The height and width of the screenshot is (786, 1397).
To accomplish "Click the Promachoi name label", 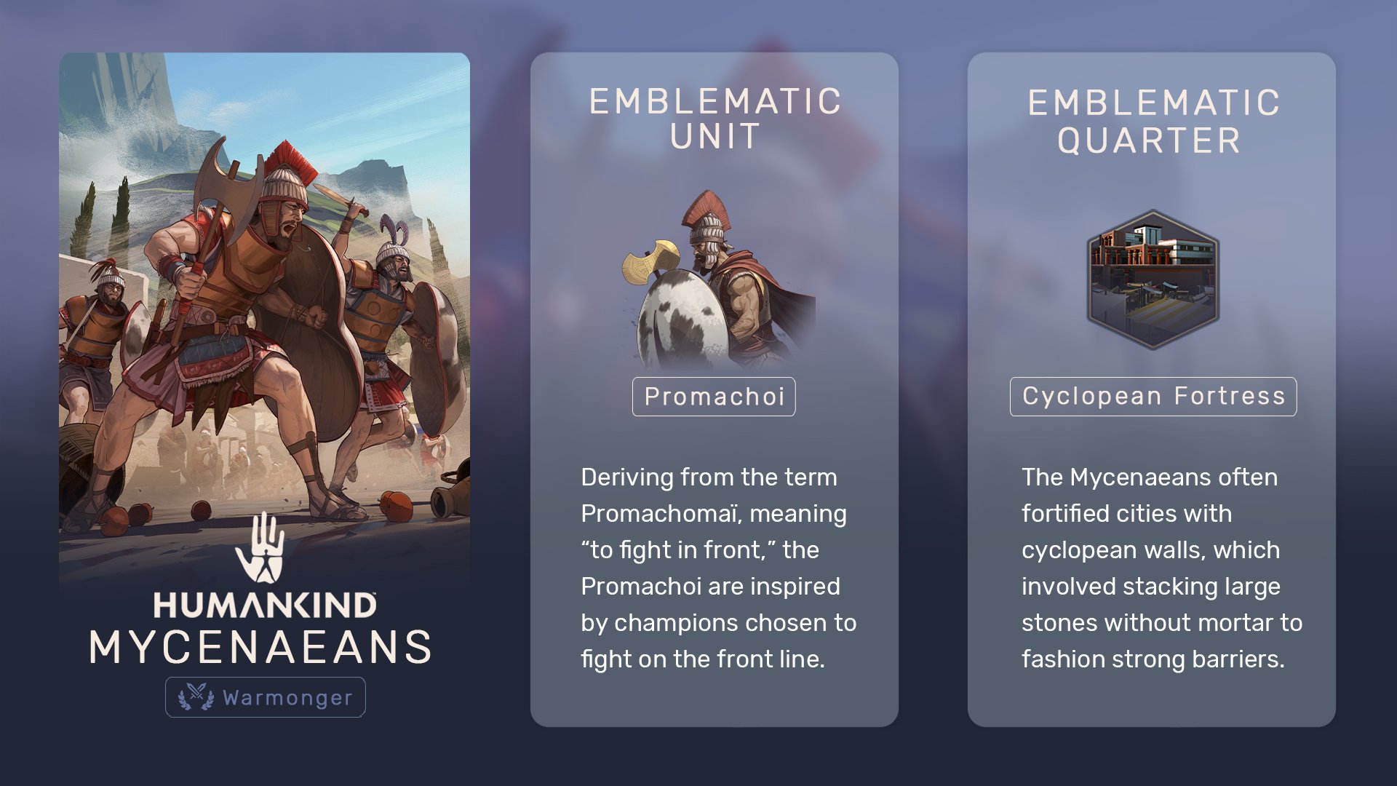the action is click(714, 397).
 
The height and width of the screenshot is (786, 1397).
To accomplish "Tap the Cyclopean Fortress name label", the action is click(1153, 397).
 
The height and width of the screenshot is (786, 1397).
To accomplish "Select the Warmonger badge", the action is click(266, 697).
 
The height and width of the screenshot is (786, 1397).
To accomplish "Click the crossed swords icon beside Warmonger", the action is click(196, 696).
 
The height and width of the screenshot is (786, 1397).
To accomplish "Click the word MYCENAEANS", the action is click(260, 647).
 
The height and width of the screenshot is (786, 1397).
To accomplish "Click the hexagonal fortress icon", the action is click(1153, 279).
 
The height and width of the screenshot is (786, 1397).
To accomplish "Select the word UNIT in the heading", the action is click(715, 137).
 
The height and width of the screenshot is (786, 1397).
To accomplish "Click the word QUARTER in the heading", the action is click(1150, 140).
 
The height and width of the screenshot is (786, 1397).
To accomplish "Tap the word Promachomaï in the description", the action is click(662, 514).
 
